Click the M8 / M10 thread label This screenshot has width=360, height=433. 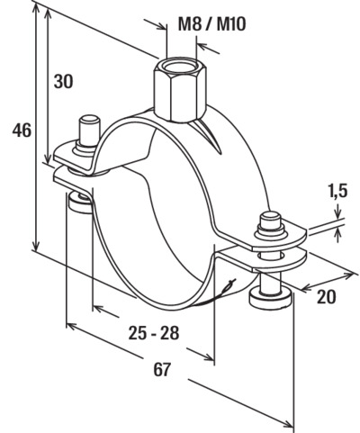click(x=211, y=24)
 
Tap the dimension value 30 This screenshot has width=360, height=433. click(x=63, y=81)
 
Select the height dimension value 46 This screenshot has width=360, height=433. click(x=22, y=131)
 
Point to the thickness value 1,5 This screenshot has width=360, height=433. click(x=338, y=191)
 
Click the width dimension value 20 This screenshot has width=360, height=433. click(x=327, y=297)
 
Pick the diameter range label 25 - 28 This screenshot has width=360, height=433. click(x=154, y=333)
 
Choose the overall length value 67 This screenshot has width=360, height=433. click(x=162, y=369)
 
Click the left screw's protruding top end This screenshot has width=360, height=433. click(x=89, y=130)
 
